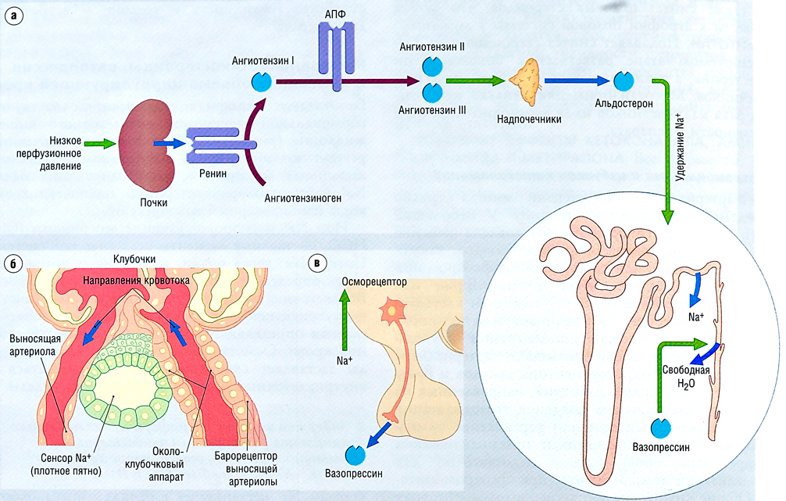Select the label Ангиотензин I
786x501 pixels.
click(263, 60)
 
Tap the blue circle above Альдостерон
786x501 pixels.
click(623, 80)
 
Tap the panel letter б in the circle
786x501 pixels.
click(11, 263)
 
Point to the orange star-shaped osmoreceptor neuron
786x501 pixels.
click(390, 312)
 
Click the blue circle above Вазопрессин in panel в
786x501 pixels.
click(356, 453)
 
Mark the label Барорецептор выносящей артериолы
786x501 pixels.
click(249, 467)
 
